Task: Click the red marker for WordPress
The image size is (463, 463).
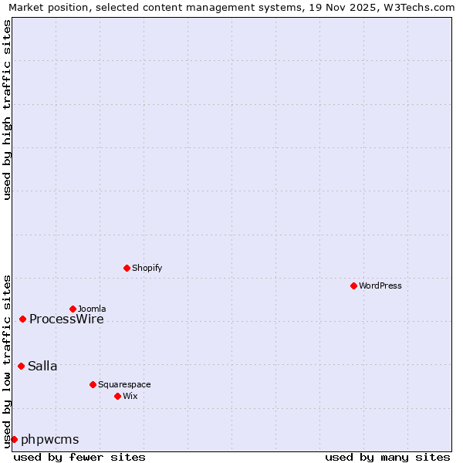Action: coord(353,286)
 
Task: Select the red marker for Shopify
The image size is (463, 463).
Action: coord(127,268)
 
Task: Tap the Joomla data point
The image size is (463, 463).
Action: coord(73,309)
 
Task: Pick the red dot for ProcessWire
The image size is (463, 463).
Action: coord(22,319)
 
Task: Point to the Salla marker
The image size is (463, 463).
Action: coord(21,366)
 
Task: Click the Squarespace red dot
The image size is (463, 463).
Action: coord(93,384)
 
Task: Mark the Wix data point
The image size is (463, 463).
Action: coord(117,396)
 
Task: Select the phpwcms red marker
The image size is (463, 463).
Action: coord(14,439)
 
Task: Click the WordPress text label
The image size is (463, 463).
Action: coord(380,286)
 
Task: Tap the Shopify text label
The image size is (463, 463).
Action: coord(147,269)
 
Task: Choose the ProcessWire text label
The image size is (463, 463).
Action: coord(66,319)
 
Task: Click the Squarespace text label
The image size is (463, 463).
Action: coord(124,385)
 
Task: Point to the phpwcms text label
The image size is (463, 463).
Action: coord(50,440)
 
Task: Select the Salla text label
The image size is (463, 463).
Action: coord(42,367)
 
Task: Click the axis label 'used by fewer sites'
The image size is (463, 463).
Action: coord(79,457)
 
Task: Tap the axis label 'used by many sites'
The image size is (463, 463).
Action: coord(387,457)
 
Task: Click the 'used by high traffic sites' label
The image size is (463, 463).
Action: coord(8,110)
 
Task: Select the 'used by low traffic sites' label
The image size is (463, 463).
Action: coord(8,360)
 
